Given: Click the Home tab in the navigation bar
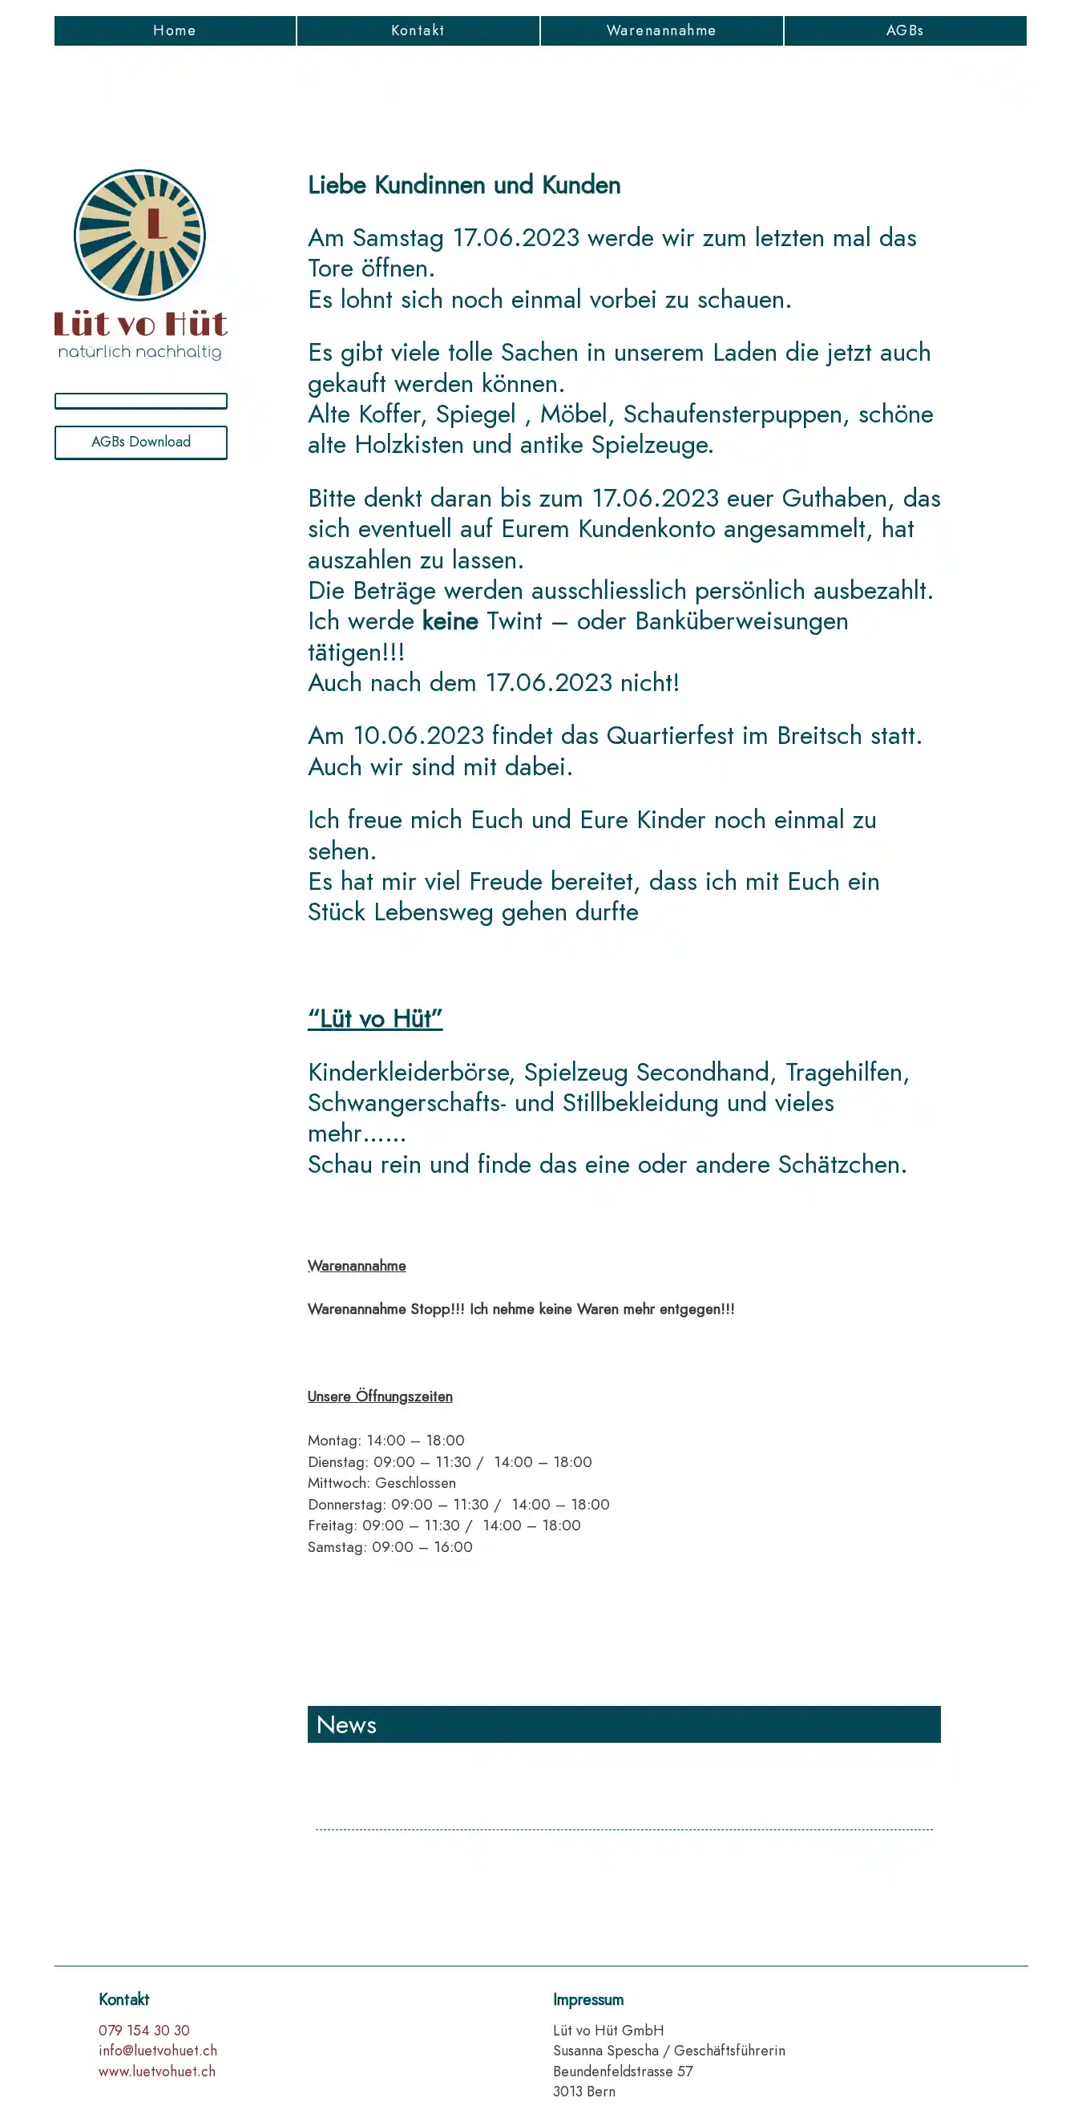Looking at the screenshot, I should pyautogui.click(x=174, y=30).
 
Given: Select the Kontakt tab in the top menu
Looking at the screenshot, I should pyautogui.click(x=418, y=30).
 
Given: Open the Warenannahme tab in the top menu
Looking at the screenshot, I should pyautogui.click(x=661, y=30).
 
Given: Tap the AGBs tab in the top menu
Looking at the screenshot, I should pyautogui.click(x=905, y=30).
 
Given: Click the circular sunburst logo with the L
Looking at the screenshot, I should pyautogui.click(x=139, y=235).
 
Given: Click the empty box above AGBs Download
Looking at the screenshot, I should pyautogui.click(x=140, y=401).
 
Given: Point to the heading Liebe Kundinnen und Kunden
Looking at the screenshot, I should pyautogui.click(x=464, y=185).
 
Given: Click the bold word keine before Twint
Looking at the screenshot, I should pyautogui.click(x=450, y=621).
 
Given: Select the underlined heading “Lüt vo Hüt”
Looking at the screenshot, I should pyautogui.click(x=375, y=1018).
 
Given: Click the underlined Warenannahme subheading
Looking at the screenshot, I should pyautogui.click(x=357, y=1266).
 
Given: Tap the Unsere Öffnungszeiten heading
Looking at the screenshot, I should pyautogui.click(x=380, y=1396).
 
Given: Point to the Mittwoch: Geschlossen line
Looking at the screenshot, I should pyautogui.click(x=382, y=1483).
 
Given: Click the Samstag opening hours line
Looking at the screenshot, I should pyautogui.click(x=390, y=1547).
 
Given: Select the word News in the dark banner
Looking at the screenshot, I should pyautogui.click(x=346, y=1725).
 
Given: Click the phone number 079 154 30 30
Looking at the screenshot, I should pyautogui.click(x=143, y=2031).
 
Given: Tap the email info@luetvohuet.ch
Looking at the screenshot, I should pyautogui.click(x=158, y=2051).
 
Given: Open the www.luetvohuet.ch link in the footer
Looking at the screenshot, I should pyautogui.click(x=157, y=2071).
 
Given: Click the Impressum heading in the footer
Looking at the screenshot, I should pyautogui.click(x=587, y=1999).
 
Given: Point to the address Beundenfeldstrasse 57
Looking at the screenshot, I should pyautogui.click(x=622, y=2071).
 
